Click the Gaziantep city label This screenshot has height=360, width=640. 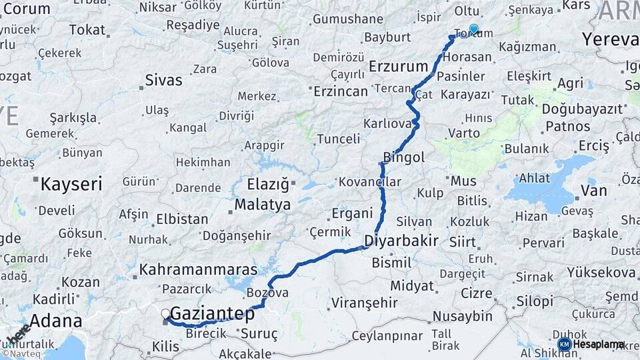(x=213, y=313)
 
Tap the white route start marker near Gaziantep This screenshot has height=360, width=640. (x=165, y=313)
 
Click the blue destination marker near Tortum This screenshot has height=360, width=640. (x=473, y=29)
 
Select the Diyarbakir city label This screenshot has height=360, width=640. (x=401, y=241)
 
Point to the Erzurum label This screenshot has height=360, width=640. (x=397, y=66)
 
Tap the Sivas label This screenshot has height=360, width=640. (x=163, y=81)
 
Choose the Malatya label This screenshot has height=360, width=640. (x=263, y=204)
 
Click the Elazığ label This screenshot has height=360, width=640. (x=267, y=183)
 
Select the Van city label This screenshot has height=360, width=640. (x=593, y=191)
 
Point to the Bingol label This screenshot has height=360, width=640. (x=403, y=157)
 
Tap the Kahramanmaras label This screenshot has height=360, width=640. (x=198, y=270)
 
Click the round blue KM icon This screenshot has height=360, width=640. (x=564, y=344)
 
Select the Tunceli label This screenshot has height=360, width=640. (x=337, y=139)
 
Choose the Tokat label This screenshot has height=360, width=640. (x=87, y=30)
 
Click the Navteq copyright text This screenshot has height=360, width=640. (x=21, y=354)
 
